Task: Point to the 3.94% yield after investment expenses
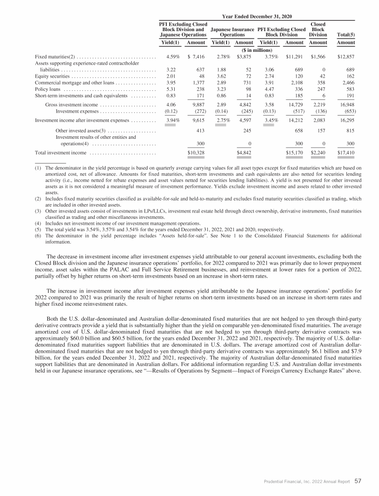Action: (172, 120)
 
